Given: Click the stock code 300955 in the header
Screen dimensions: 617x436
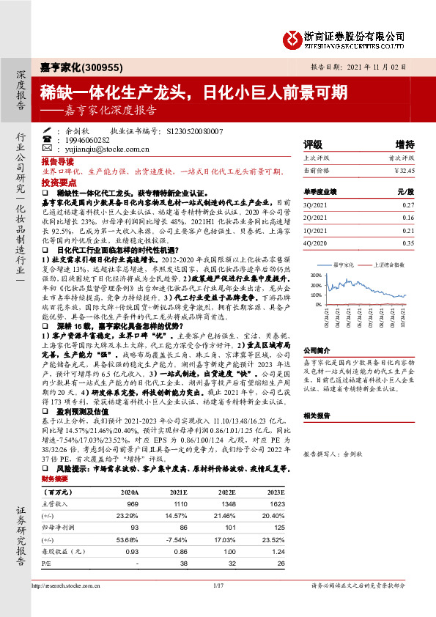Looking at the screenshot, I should coord(94,66).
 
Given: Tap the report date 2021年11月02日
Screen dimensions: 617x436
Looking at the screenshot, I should coord(386,66).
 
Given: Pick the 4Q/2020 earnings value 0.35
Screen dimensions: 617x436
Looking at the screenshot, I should coord(408,241).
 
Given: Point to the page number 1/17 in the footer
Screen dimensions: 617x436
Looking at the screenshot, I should coord(218,586).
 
